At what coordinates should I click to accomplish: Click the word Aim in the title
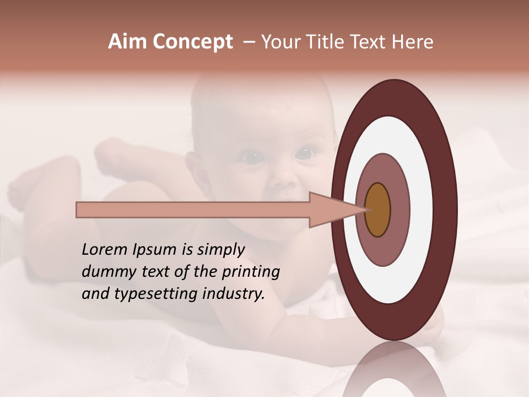pyautogui.click(x=127, y=42)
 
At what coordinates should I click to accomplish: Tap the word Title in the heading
pyautogui.click(x=330, y=42)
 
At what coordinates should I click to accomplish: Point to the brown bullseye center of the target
pyautogui.click(x=377, y=210)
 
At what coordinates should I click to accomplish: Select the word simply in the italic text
pyautogui.click(x=220, y=250)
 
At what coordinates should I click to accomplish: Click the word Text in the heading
pyautogui.click(x=372, y=42)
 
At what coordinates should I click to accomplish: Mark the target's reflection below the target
pyautogui.click(x=394, y=372)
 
